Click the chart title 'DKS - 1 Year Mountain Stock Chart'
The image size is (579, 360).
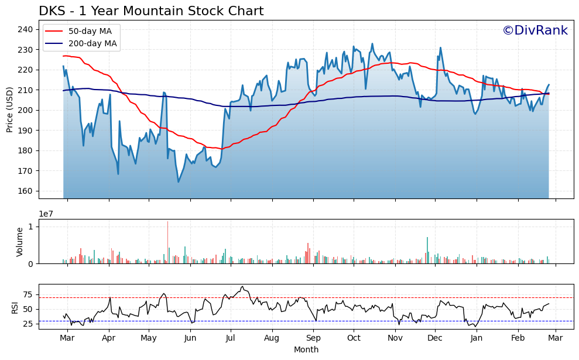pos(151,11)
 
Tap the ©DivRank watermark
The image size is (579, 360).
pos(535,30)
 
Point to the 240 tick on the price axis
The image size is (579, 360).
pos(28,29)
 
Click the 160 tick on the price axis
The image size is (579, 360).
pos(28,191)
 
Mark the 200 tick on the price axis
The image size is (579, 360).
pos(28,110)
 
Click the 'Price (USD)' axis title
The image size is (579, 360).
pos(10,109)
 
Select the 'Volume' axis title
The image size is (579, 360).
pos(19,241)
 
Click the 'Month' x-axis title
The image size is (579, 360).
pos(306,350)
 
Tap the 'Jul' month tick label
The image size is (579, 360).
pos(231,338)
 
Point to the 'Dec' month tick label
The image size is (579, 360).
pos(434,338)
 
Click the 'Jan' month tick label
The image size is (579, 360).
pos(477,338)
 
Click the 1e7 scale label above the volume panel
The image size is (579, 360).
pos(47,214)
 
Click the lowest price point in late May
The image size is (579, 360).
pos(179,181)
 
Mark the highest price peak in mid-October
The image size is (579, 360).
pos(372,44)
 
